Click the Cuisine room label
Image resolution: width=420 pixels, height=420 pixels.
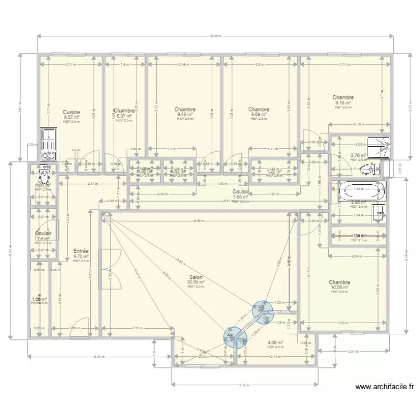tap(72, 112)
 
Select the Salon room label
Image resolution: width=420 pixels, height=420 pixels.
tap(196, 277)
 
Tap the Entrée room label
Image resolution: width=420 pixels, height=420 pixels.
tap(81, 251)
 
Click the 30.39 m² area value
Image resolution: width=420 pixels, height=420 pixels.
tap(196, 283)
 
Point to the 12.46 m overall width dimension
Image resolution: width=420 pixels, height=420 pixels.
tap(214, 36)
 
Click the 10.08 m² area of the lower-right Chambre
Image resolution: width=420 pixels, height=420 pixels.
tap(340, 287)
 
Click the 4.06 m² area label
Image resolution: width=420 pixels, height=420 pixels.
tap(275, 342)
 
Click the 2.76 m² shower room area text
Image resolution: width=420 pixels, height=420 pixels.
tap(358, 156)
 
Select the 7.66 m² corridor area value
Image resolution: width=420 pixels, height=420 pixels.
tap(241, 197)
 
